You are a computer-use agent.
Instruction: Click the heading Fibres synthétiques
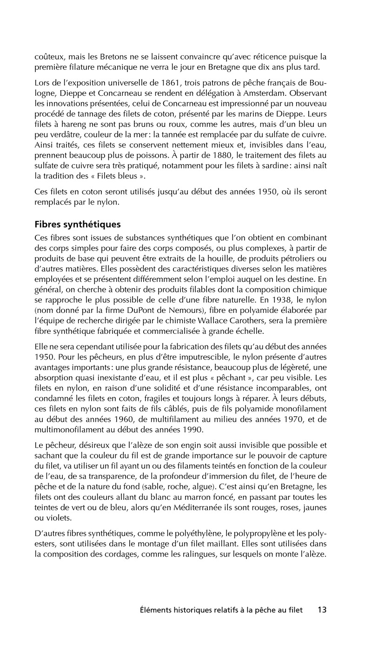pos(78,225)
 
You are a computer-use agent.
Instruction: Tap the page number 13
pos(322,610)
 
